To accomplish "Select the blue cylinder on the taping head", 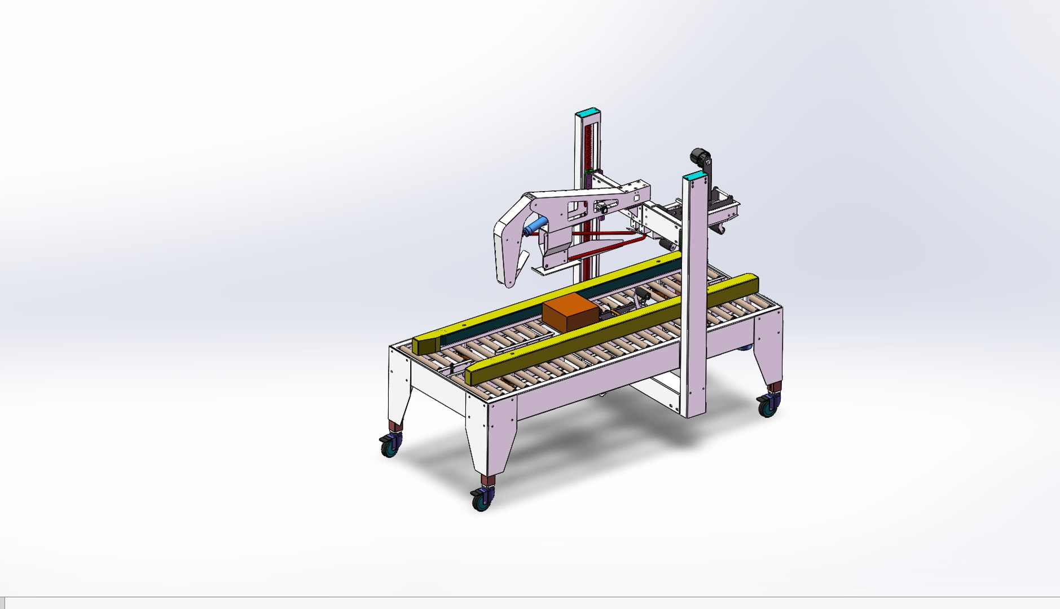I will click(535, 226).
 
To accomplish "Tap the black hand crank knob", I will click(700, 156).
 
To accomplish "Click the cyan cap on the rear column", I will click(588, 112).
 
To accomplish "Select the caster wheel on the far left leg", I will click(390, 446).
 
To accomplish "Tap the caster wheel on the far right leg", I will click(768, 405).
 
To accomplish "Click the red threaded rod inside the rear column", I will click(590, 147).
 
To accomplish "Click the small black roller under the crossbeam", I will click(667, 245).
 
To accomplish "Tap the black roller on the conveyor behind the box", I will click(641, 295).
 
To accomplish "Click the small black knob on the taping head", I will click(603, 209).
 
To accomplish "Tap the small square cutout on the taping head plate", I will click(636, 197).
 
